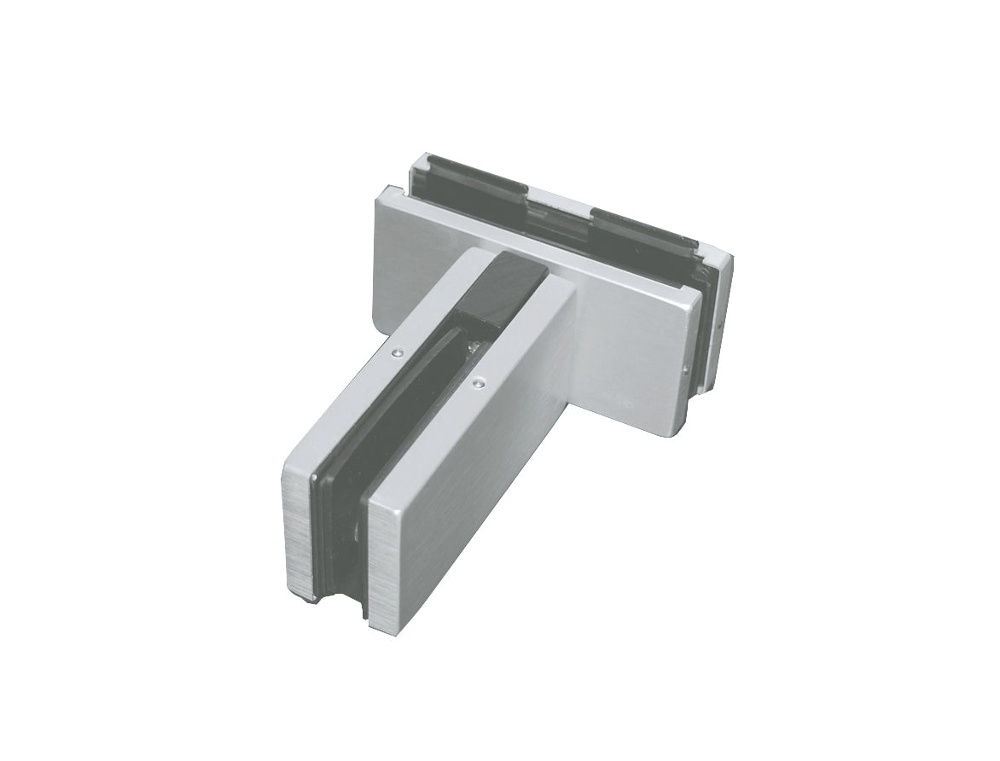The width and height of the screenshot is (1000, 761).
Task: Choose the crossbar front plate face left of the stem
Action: tap(410, 256)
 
